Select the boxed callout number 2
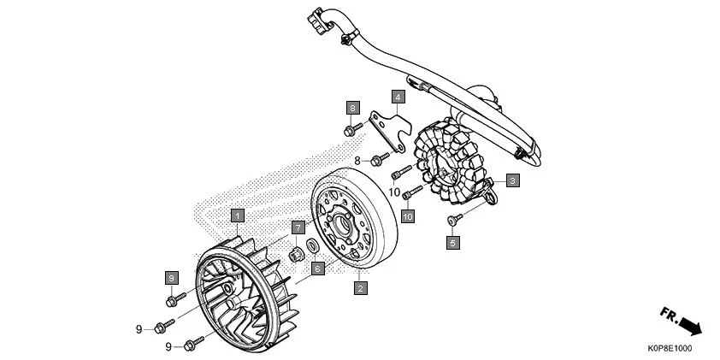[x=361, y=288]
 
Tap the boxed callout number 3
[x=512, y=180]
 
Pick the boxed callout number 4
[x=398, y=97]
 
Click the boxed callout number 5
[x=453, y=242]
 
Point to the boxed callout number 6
[x=317, y=268]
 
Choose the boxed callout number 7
[x=297, y=227]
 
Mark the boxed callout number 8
[x=352, y=108]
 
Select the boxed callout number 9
[x=171, y=278]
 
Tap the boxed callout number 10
[x=408, y=216]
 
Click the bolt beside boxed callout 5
[x=452, y=221]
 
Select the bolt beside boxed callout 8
[x=351, y=131]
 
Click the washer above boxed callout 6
[x=314, y=248]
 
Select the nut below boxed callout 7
[x=297, y=253]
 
